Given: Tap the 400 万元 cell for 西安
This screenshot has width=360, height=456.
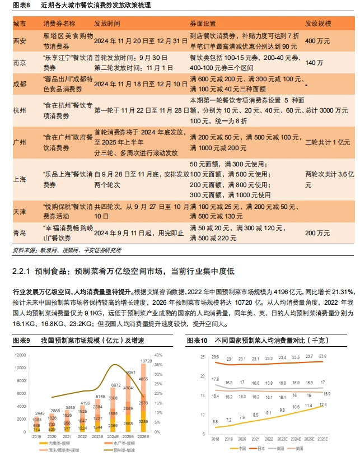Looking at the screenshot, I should [317, 41].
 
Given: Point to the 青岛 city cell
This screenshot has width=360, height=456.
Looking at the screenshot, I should [19, 232].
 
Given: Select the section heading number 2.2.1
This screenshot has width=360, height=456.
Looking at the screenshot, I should [22, 271].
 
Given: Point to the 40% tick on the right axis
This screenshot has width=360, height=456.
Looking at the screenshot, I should [158, 355].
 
